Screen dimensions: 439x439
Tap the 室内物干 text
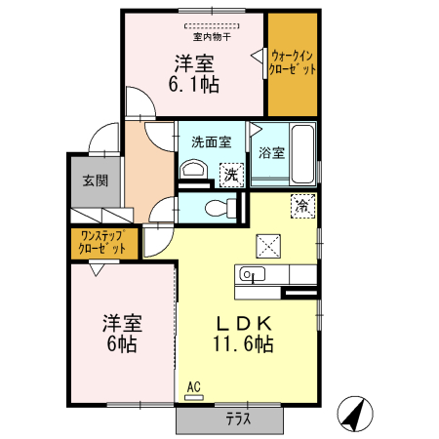click(x=212, y=37)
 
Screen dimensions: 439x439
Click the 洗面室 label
click(x=209, y=140)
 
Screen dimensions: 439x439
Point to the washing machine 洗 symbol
click(x=231, y=174)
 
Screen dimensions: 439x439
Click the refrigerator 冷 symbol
click(x=303, y=206)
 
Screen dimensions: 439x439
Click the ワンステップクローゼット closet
click(x=102, y=242)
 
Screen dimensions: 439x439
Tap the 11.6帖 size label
click(x=244, y=343)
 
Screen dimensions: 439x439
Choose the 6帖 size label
click(x=122, y=343)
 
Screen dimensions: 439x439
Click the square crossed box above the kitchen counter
click(x=267, y=244)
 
